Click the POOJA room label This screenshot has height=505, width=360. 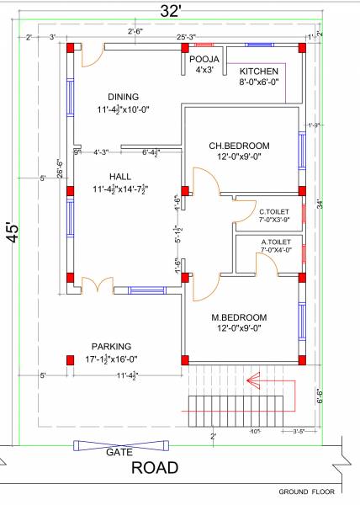204,60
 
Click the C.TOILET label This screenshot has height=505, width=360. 275,211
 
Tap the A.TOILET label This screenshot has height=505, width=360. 275,241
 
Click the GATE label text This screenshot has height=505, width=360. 117,452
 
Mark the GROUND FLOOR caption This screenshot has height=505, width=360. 309,491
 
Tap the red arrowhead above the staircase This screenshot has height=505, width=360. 249,382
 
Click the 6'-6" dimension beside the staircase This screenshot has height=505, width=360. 319,396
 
